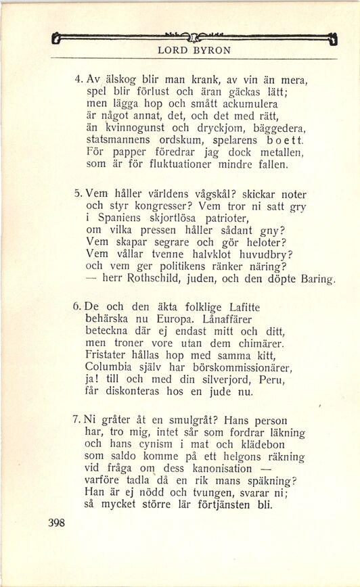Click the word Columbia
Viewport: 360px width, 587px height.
(x=112, y=368)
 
